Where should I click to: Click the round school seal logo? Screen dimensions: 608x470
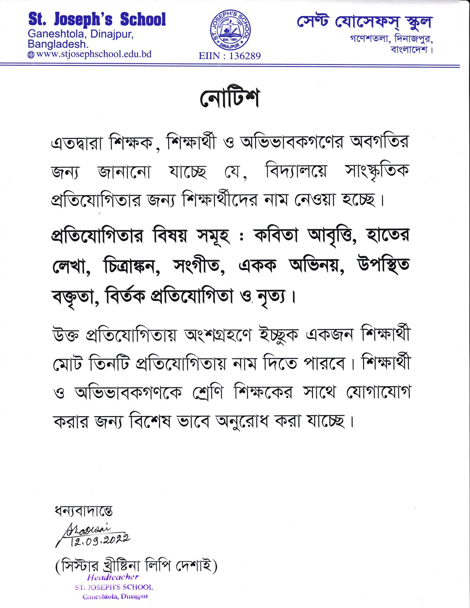230,30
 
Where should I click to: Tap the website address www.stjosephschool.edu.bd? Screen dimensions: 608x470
94,54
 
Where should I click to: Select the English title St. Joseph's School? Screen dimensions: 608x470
97,20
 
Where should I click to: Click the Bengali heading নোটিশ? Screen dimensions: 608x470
230,98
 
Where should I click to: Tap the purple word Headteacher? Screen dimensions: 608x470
113,577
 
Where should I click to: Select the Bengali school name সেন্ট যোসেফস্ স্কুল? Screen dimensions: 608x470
365,22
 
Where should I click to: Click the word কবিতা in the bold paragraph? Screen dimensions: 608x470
276,236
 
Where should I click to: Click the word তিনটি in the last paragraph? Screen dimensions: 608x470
109,364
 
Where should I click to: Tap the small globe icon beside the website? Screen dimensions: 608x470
31,55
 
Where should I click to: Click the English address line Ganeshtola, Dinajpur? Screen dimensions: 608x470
81,34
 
